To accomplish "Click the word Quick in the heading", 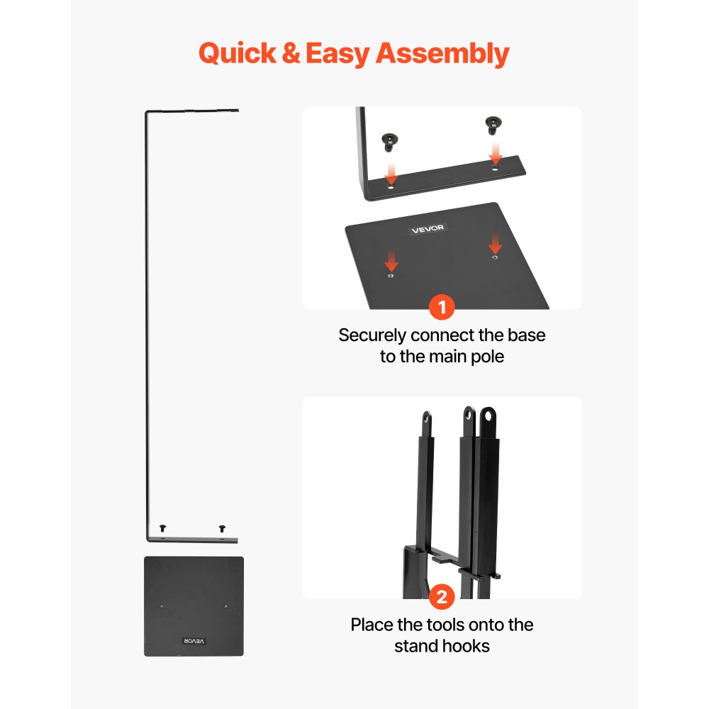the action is [x=238, y=54].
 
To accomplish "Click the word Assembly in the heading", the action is [x=442, y=54].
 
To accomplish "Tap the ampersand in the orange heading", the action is [x=291, y=53].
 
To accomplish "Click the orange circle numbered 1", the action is [x=442, y=307].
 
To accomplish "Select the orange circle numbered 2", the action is [x=442, y=597].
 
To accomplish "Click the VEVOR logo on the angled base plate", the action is [x=428, y=229].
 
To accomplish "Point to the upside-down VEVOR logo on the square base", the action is [x=194, y=641].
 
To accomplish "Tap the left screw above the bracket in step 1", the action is [x=390, y=142].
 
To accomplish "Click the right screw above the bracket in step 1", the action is [x=493, y=125].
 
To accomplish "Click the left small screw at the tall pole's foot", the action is [x=163, y=528].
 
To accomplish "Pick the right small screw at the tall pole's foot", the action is [x=222, y=528].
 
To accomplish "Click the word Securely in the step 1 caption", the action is [x=372, y=335].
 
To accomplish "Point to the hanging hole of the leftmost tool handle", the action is [x=427, y=418].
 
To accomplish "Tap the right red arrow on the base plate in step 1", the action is [x=496, y=244].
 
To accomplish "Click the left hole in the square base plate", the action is [x=162, y=606].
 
